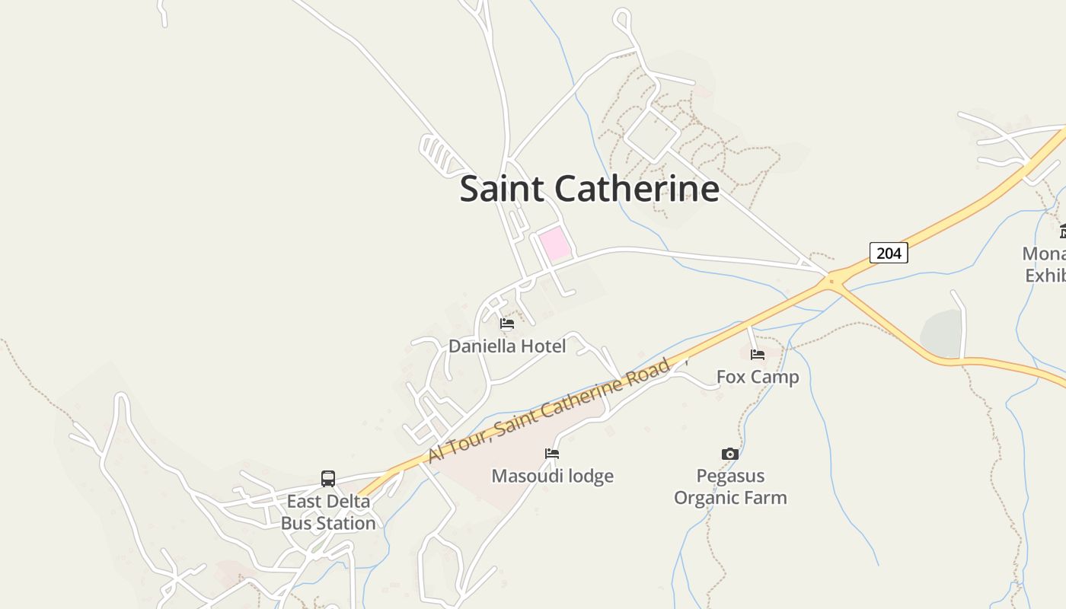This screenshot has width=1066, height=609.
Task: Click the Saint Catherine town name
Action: pyautogui.click(x=589, y=188)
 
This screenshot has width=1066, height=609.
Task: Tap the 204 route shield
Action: pyautogui.click(x=889, y=253)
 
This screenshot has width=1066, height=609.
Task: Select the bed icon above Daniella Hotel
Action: pyautogui.click(x=507, y=324)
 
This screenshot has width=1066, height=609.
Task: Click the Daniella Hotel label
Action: pyautogui.click(x=507, y=346)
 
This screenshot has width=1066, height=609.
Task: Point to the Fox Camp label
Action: pyautogui.click(x=758, y=377)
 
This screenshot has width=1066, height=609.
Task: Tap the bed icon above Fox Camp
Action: pyautogui.click(x=757, y=355)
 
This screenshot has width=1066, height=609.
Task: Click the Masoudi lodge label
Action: pyautogui.click(x=552, y=477)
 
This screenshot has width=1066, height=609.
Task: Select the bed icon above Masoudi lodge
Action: pyautogui.click(x=552, y=454)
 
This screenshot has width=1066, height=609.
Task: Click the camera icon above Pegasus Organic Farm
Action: pyautogui.click(x=729, y=454)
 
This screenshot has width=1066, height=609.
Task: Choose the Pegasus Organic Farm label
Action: pyautogui.click(x=729, y=487)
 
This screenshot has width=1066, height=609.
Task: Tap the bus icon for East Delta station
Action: pyautogui.click(x=328, y=479)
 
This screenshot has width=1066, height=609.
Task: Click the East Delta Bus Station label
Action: pyautogui.click(x=328, y=512)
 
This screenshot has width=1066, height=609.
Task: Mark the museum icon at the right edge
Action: pyautogui.click(x=1062, y=231)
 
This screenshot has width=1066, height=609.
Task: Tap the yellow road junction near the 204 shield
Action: pyautogui.click(x=831, y=281)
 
